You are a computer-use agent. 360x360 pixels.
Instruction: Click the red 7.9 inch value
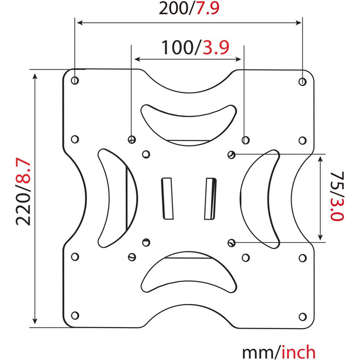tap(208, 8)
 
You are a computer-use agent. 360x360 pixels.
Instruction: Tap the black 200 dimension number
tap(173, 9)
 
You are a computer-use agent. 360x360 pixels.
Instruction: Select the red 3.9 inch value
tap(216, 47)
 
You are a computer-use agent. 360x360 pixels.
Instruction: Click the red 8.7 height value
tap(23, 171)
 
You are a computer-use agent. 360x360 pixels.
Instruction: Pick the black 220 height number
tap(23, 209)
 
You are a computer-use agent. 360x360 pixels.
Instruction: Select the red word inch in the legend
tap(298, 352)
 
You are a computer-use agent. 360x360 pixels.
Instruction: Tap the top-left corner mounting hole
tap(75, 81)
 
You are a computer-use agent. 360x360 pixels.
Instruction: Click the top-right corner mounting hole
tap(302, 81)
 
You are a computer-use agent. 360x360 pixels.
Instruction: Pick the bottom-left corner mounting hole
tap(75, 315)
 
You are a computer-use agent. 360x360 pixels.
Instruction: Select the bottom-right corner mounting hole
tap(303, 317)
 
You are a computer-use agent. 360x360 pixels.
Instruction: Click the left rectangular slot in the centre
tap(167, 199)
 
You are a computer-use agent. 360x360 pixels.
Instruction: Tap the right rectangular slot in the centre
tap(210, 199)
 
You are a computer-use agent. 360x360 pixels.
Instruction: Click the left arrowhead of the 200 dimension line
tap(80, 23)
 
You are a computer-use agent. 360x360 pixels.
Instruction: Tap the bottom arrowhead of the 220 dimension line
tap(35, 321)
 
